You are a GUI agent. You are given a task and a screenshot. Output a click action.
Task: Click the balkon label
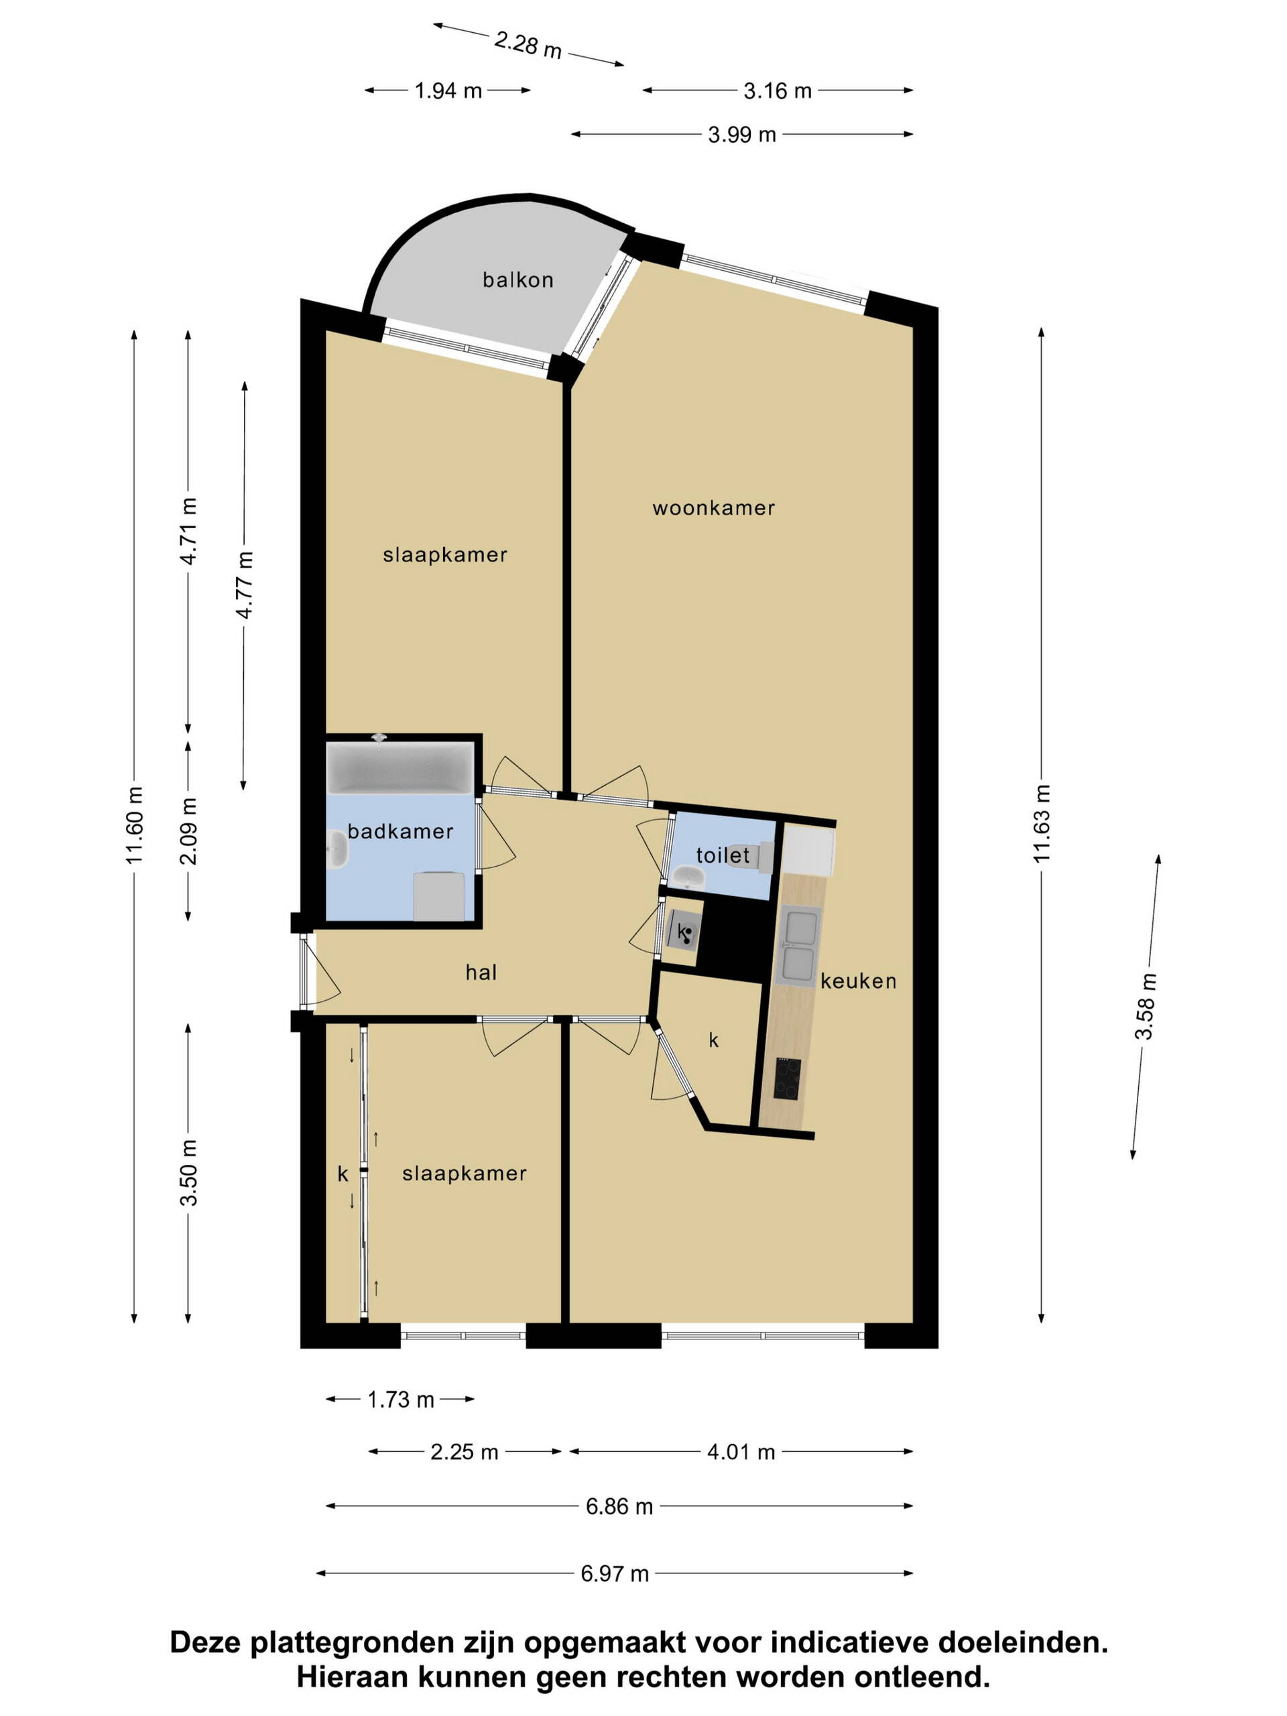[x=517, y=280]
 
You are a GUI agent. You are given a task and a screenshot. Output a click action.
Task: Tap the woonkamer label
[x=714, y=508]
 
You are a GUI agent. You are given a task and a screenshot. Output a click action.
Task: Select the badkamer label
[x=400, y=832]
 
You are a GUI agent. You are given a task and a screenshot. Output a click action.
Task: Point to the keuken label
[x=858, y=981]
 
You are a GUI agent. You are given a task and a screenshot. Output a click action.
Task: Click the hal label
[x=481, y=972]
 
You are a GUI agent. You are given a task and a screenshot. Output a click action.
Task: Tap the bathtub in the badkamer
[x=400, y=768]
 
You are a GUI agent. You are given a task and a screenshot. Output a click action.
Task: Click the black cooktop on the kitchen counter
[x=788, y=1079]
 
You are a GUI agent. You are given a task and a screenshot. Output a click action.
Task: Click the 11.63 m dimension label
[x=1042, y=823]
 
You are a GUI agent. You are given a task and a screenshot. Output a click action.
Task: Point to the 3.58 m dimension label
[x=1145, y=1007]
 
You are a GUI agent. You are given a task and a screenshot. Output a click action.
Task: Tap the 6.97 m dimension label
[x=615, y=1574]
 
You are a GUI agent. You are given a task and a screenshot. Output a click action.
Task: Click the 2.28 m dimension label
[x=528, y=44]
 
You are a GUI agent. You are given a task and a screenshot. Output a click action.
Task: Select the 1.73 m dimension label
[x=400, y=1400]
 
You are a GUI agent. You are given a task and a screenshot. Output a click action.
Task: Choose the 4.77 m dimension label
[x=245, y=585]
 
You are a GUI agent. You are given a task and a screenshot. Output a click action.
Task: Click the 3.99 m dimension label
[x=741, y=135]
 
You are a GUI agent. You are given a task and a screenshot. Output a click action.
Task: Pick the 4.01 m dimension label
[x=741, y=1453]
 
